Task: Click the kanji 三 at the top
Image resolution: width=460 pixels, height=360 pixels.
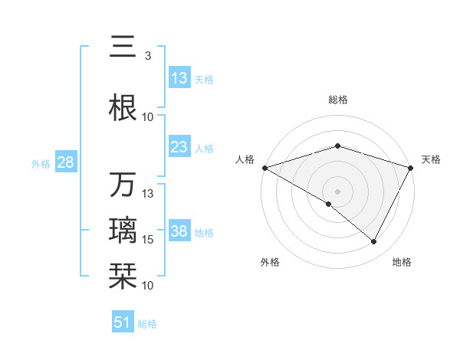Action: click(x=123, y=47)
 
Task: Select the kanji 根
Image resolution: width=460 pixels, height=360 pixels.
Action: click(x=123, y=108)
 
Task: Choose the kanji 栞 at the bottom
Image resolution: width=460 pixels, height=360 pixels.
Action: click(x=123, y=275)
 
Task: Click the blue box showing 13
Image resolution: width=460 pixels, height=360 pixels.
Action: click(x=179, y=78)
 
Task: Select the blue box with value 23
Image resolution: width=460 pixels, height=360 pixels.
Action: click(x=179, y=147)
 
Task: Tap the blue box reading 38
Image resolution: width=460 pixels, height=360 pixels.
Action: click(x=179, y=231)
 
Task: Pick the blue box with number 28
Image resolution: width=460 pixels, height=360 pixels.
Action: click(x=65, y=162)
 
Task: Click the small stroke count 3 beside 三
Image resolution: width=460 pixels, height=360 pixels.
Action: click(x=147, y=56)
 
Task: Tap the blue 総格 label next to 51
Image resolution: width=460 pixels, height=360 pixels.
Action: click(x=147, y=324)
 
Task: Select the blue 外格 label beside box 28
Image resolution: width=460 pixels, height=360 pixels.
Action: click(x=41, y=163)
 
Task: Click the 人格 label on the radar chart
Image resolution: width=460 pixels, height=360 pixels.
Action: click(x=245, y=159)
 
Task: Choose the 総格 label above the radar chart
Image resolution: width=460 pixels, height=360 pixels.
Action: click(x=337, y=100)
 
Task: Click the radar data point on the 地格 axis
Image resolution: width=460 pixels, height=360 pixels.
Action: click(x=374, y=242)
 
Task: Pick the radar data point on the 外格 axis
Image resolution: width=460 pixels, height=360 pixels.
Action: click(x=329, y=204)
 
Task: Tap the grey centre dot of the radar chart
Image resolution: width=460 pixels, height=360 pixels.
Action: click(x=337, y=191)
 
